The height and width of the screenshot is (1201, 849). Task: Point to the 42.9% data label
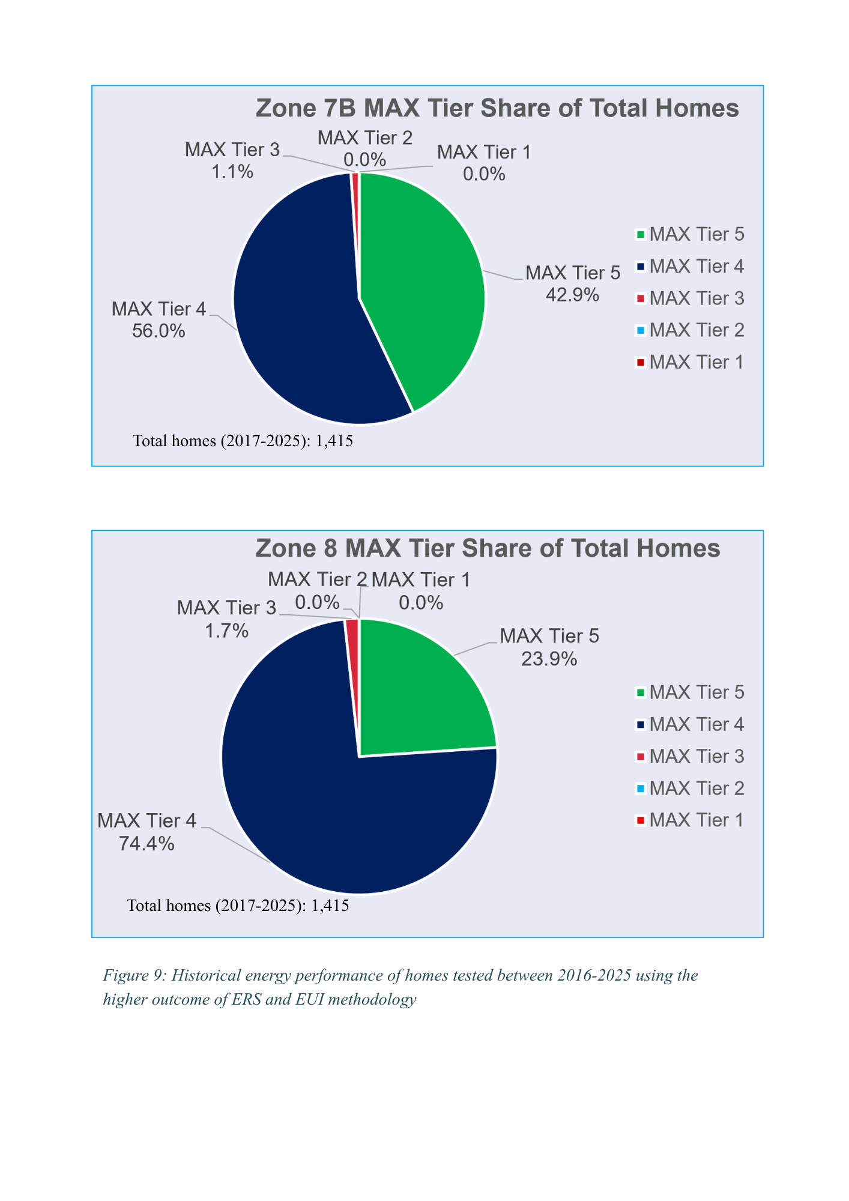pos(572,295)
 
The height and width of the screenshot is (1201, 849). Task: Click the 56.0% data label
pos(159,331)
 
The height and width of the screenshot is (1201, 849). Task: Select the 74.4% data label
pos(147,844)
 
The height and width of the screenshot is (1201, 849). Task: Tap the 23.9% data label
pos(549,659)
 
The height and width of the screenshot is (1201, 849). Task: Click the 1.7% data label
pos(227,631)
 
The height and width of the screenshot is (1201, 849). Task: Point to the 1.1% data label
pos(232,172)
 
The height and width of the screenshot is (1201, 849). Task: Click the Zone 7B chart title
pos(497,109)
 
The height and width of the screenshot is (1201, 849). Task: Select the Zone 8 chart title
pos(488,549)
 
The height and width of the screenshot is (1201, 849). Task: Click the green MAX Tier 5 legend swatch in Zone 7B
pos(641,235)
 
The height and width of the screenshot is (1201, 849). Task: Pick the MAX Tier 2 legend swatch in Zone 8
pos(641,788)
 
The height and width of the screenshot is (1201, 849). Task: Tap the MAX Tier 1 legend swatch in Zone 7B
pos(641,363)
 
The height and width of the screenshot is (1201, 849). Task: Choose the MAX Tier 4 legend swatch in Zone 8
pos(641,725)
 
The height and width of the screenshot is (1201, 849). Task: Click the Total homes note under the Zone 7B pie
pos(243,441)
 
